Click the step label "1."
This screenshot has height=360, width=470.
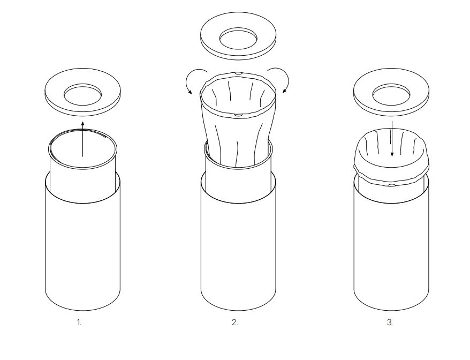(x=79, y=322)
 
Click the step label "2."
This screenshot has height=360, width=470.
(x=234, y=322)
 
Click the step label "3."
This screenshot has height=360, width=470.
(x=390, y=322)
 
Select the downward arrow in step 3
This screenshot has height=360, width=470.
(x=392, y=139)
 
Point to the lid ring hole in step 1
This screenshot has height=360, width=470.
(x=82, y=95)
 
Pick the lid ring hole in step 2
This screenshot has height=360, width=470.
(x=238, y=39)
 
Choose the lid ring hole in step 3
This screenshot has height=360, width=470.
(x=391, y=95)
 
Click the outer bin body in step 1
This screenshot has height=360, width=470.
(x=82, y=246)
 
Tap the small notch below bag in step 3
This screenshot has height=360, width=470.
(x=391, y=185)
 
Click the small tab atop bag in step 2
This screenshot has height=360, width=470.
(x=238, y=72)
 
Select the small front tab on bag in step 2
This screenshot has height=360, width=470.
(x=238, y=115)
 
